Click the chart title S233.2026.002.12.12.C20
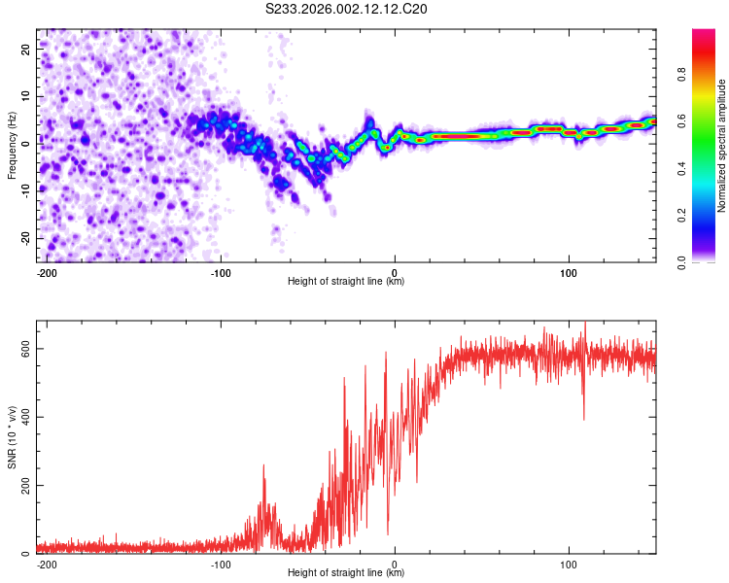click(x=347, y=9)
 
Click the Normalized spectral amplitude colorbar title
click(x=721, y=146)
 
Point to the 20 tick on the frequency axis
click(x=26, y=48)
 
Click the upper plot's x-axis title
click(x=346, y=282)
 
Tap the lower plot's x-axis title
click(x=346, y=573)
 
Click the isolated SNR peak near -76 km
click(x=262, y=467)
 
